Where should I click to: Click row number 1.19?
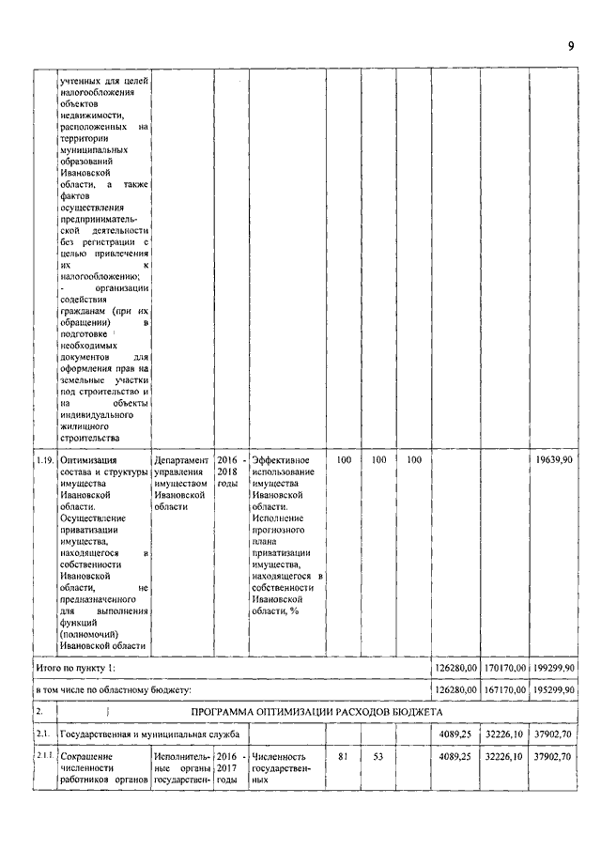tap(44, 461)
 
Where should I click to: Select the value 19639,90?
tap(554, 461)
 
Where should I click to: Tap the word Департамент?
tap(182, 461)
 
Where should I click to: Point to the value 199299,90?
tap(554, 668)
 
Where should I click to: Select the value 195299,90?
tap(554, 690)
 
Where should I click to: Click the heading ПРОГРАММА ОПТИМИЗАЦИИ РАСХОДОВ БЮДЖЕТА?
tap(324, 710)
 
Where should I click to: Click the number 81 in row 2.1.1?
tap(343, 755)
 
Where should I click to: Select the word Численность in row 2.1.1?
tap(280, 755)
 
